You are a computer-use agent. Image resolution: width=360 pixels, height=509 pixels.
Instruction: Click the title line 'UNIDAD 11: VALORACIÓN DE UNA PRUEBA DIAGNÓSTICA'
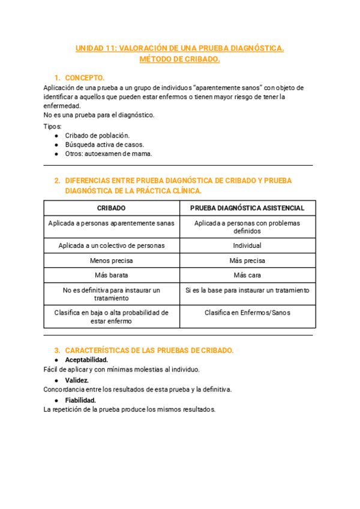tap(179, 48)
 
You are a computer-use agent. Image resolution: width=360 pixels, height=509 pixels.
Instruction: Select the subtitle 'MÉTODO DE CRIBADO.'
tap(179, 59)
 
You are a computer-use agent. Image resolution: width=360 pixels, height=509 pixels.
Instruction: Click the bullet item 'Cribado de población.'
tap(97, 135)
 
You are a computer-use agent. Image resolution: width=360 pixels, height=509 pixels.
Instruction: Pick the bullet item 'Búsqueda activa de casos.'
tap(104, 145)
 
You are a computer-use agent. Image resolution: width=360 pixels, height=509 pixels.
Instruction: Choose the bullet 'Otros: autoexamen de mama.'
tap(108, 154)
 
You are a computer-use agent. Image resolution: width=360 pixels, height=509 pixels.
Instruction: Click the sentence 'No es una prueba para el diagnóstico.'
tap(99, 115)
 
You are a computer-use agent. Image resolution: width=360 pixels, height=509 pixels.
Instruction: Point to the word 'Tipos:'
tap(53, 126)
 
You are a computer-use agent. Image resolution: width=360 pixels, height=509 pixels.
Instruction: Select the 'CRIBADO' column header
tap(111, 208)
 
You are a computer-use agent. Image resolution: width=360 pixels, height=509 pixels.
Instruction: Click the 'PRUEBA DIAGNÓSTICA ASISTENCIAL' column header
tap(247, 208)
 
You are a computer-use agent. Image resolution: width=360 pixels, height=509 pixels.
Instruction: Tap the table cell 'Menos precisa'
tap(111, 261)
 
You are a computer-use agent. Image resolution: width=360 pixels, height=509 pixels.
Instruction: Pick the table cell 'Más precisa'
tap(247, 261)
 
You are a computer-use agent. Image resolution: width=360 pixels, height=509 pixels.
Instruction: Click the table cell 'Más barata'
tap(111, 276)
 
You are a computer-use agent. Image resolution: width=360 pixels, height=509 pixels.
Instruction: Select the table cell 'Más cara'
tap(247, 276)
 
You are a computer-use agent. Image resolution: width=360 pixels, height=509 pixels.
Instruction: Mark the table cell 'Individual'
tap(247, 245)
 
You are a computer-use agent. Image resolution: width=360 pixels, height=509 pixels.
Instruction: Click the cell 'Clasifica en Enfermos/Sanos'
tap(247, 313)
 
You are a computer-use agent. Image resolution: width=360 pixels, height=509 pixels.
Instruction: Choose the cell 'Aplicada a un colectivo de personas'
tap(111, 245)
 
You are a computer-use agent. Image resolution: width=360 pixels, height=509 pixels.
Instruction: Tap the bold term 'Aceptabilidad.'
tap(86, 360)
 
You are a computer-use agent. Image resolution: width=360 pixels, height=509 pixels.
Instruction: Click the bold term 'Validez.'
tap(77, 380)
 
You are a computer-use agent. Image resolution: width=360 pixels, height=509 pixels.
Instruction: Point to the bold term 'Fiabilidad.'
tap(80, 400)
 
